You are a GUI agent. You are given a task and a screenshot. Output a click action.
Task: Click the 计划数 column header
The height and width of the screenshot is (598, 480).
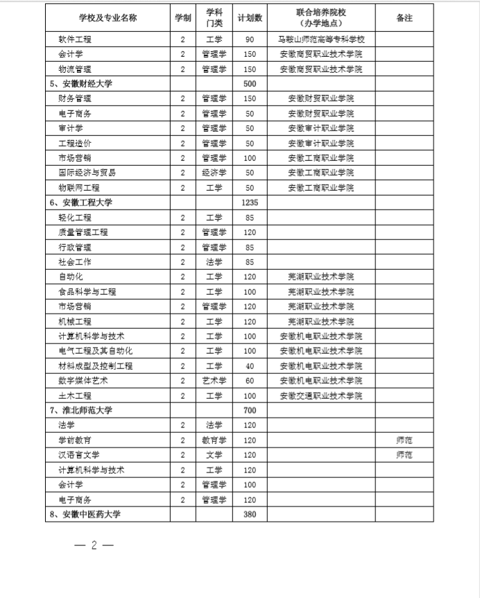249,19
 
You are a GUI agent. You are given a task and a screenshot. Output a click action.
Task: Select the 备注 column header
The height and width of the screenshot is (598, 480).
404,19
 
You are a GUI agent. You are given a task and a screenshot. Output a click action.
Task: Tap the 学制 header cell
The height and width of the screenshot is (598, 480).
182,19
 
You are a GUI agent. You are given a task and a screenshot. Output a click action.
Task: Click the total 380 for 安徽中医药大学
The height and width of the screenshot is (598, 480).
249,514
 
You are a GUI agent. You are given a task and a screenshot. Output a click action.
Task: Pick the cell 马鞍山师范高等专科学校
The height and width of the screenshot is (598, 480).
320,39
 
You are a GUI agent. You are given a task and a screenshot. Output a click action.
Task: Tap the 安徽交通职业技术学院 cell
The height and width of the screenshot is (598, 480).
320,395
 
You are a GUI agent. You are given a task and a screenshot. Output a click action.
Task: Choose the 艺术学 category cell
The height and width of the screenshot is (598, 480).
214,380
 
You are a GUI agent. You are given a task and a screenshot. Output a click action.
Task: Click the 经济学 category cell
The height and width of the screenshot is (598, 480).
214,173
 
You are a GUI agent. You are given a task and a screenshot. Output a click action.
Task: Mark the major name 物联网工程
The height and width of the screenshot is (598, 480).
79,188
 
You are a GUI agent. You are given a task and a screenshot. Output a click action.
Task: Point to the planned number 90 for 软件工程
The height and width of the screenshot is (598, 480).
249,39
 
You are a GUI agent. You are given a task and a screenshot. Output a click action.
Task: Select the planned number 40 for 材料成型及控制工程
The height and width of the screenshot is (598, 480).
249,366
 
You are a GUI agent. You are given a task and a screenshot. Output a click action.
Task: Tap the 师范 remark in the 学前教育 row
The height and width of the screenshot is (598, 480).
404,440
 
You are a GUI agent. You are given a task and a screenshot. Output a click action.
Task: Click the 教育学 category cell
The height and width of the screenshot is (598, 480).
214,440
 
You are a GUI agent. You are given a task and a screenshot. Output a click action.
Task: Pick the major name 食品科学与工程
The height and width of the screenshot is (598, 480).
87,291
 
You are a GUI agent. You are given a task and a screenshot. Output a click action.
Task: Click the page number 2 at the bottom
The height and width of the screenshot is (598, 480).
93,545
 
